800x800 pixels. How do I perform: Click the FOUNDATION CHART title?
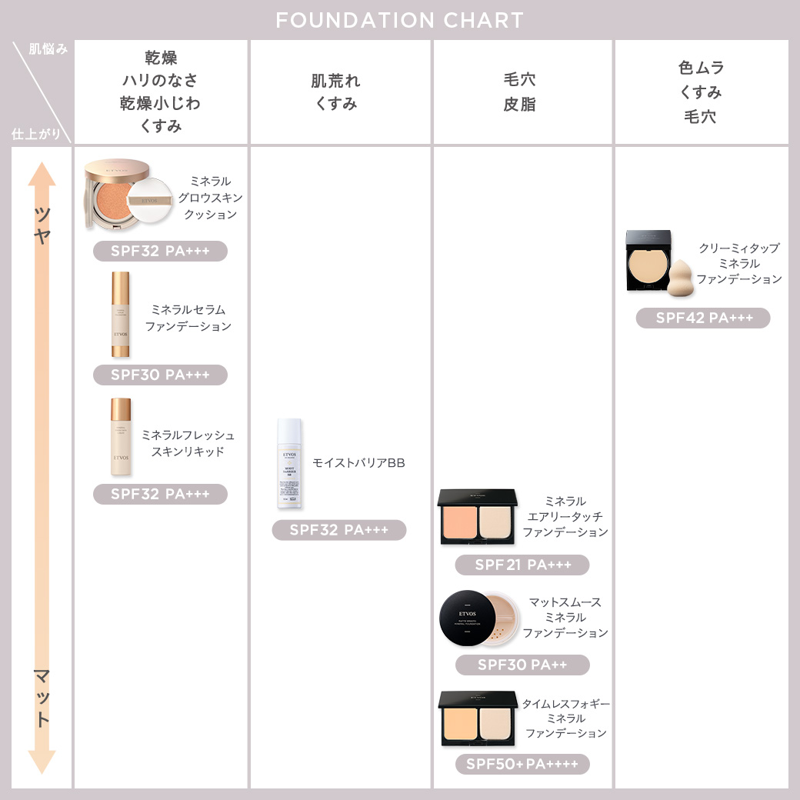[399, 20]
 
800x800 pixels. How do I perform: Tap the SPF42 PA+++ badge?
[702, 318]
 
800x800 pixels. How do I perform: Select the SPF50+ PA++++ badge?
[522, 764]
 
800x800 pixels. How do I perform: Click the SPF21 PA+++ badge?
[522, 565]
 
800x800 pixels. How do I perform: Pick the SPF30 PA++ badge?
[522, 665]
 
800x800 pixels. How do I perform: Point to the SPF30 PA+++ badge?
[160, 375]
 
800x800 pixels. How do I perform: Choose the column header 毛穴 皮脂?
[520, 92]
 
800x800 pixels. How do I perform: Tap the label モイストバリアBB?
[358, 462]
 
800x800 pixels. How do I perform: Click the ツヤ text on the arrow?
[42, 225]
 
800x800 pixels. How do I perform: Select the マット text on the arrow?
[42, 696]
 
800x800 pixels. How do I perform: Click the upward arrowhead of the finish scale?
[42, 173]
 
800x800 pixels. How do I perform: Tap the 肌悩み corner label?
[48, 49]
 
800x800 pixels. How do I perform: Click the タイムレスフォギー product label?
[566, 718]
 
